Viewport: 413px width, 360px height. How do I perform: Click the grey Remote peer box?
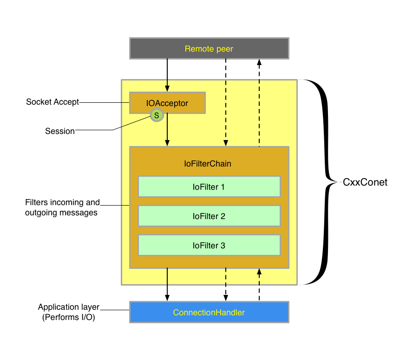[209, 48]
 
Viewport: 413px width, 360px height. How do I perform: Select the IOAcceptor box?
[167, 102]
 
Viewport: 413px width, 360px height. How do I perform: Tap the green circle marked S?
[157, 115]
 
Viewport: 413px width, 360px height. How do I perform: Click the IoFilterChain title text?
[208, 164]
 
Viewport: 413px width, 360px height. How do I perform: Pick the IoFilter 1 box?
[209, 187]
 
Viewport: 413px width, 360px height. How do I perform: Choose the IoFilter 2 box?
[209, 216]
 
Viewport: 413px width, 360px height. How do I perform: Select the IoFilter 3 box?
[209, 245]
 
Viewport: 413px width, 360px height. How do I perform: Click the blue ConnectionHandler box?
[209, 312]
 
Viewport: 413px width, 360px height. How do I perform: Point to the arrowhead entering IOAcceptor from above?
[167, 88]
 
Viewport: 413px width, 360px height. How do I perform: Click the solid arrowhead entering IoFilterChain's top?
[167, 143]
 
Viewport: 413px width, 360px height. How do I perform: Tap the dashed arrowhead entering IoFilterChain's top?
[226, 143]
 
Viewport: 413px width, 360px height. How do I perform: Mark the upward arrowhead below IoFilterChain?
[259, 272]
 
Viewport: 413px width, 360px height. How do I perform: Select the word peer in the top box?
[224, 49]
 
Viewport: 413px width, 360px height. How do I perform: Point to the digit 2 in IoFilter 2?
[223, 216]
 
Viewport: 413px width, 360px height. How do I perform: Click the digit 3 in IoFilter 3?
[223, 246]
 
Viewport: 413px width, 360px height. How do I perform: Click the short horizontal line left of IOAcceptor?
[125, 102]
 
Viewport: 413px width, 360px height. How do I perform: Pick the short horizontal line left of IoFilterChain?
[125, 205]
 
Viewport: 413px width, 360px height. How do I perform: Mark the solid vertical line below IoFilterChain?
[167, 277]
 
